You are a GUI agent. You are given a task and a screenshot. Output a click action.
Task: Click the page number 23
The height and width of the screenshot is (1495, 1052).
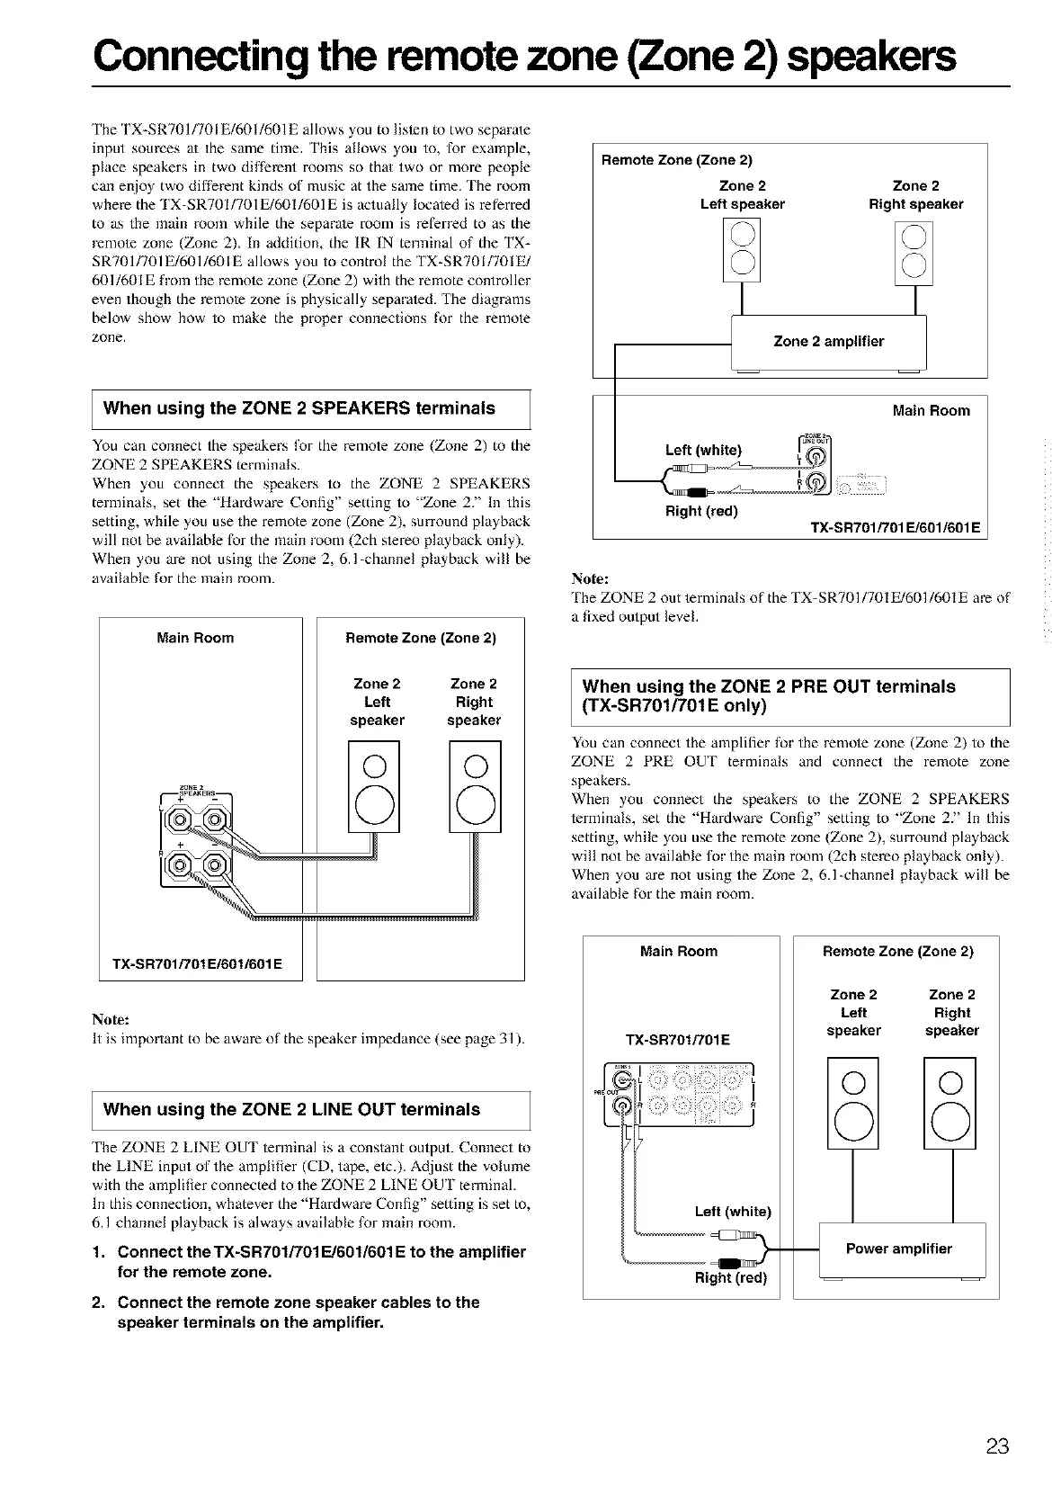[997, 1446]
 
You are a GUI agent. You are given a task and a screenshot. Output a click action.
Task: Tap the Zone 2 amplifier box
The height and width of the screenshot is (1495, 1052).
[828, 342]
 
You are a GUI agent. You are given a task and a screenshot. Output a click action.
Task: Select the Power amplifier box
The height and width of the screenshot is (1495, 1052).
[898, 1249]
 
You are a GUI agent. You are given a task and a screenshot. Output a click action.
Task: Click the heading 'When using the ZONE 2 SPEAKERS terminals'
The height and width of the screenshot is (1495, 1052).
[299, 408]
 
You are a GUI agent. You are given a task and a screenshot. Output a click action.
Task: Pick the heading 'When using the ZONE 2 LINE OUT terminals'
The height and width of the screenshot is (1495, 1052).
[291, 1109]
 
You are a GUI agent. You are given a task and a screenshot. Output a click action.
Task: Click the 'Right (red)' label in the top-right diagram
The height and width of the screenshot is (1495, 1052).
[700, 512]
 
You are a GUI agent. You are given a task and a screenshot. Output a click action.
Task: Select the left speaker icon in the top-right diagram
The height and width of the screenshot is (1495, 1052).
[742, 251]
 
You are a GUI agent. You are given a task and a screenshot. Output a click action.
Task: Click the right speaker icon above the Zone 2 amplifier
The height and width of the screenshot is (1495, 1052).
[914, 251]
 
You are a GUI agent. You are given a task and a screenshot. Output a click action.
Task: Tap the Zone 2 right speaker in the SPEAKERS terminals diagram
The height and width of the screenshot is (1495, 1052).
[475, 787]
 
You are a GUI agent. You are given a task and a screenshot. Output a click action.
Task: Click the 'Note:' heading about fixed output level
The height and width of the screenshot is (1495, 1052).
[591, 578]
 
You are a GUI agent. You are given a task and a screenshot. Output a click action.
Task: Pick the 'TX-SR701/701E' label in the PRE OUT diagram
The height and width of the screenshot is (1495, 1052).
[677, 1041]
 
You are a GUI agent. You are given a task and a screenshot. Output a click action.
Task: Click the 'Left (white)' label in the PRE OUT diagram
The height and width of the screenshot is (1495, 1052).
[733, 1212]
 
